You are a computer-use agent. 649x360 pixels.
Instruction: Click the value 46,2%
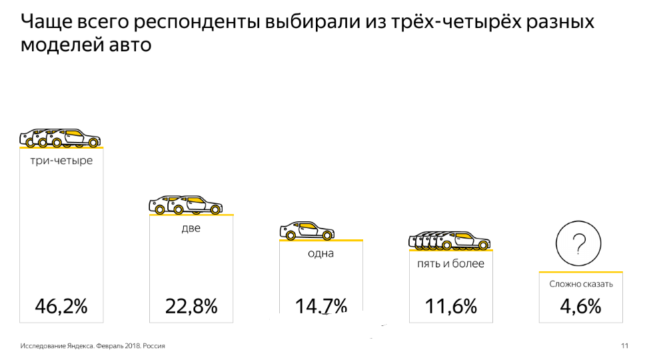coord(61,306)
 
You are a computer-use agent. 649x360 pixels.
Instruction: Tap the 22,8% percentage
coord(191,306)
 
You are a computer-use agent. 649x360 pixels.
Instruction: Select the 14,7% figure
coord(321,306)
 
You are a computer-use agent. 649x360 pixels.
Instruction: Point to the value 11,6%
coord(451,306)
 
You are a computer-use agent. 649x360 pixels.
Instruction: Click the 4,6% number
coord(580,306)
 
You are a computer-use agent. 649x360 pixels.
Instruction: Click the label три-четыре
coord(61,161)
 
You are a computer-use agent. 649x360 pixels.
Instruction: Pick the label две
coord(191,228)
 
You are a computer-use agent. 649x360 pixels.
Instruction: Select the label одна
coord(321,253)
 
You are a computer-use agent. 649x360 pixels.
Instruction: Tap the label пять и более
coord(450,263)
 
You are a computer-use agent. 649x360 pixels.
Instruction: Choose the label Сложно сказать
coord(581,284)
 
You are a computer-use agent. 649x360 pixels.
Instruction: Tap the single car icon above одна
coord(307,231)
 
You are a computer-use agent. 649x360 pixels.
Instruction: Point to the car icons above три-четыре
coord(60,137)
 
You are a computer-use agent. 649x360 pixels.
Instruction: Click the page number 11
coord(624,346)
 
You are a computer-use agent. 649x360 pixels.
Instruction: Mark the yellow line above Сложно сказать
coord(580,272)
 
